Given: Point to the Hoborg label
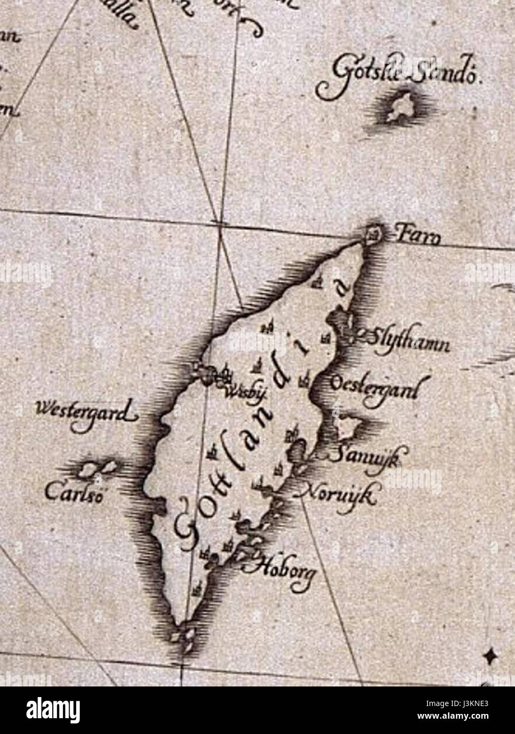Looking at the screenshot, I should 283,570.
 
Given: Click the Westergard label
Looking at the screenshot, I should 85,412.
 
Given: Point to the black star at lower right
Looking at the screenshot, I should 491,656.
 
